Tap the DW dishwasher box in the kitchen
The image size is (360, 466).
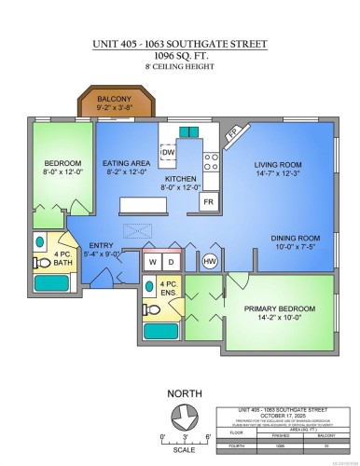click(168, 152)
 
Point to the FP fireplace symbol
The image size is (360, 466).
click(231, 134)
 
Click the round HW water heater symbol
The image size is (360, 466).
click(210, 261)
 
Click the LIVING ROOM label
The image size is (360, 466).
click(281, 163)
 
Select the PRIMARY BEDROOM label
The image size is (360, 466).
click(280, 308)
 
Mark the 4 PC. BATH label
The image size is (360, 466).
click(61, 258)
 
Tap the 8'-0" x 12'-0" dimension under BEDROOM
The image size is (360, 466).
click(62, 171)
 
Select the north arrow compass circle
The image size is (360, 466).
click(185, 417)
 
